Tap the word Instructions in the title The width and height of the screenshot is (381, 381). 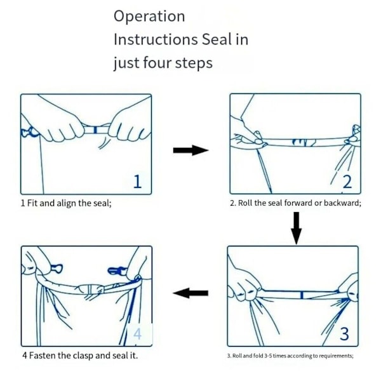[x=156, y=39]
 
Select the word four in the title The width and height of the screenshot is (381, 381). [x=157, y=62]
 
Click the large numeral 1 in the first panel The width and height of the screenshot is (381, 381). [x=138, y=181]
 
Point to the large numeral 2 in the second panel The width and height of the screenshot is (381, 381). [x=347, y=182]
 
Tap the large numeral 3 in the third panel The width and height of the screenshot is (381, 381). [x=345, y=333]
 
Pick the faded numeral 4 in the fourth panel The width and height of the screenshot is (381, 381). [x=138, y=333]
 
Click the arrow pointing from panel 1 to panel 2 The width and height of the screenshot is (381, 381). [x=190, y=150]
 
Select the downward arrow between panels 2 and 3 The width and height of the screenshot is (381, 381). [x=296, y=228]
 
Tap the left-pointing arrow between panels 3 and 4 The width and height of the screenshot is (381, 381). [x=190, y=293]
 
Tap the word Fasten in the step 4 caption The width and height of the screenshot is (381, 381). [x=43, y=356]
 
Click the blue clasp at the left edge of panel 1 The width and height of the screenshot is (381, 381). [x=29, y=132]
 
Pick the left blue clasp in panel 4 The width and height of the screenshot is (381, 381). [x=57, y=269]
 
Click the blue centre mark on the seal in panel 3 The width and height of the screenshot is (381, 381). [x=302, y=295]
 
